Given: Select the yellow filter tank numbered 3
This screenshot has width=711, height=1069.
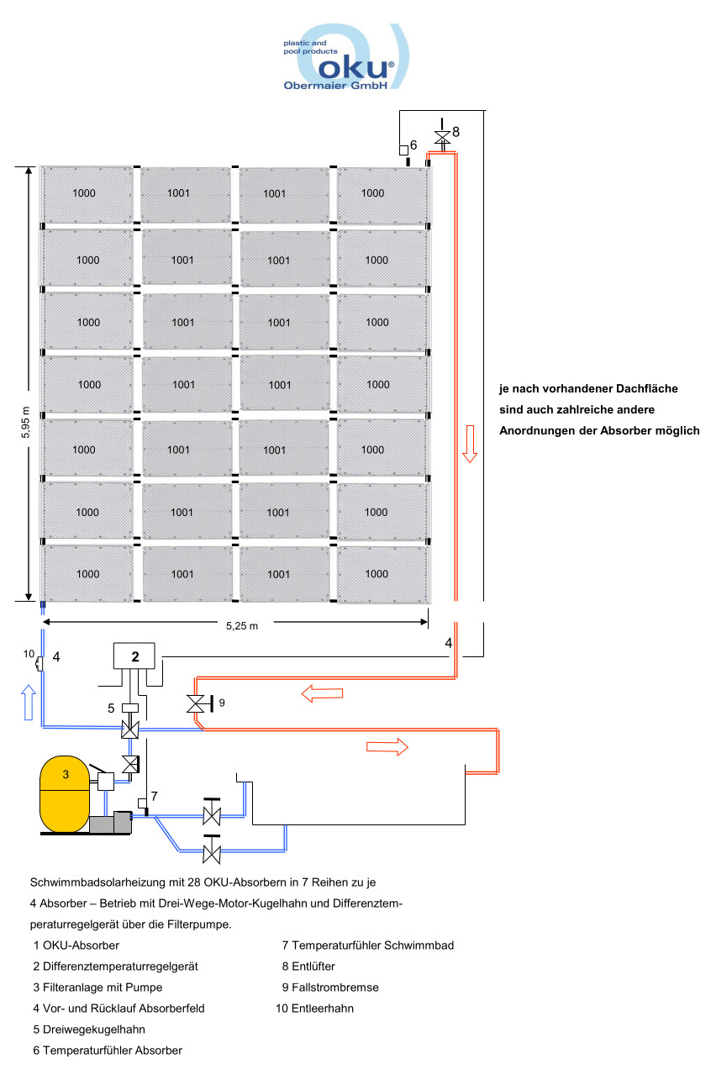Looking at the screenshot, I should pos(65,793).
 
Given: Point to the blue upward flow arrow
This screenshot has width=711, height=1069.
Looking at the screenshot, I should pos(28,702).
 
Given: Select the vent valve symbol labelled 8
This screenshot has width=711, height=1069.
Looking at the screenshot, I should pos(441,137).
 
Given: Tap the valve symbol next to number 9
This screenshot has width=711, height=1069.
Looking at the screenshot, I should pos(197,703).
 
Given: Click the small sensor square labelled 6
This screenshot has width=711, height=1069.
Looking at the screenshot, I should pos(403,151).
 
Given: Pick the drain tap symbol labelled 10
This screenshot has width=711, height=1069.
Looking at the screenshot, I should pos(39,662).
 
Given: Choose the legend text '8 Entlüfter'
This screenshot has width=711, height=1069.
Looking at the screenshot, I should pos(308,966).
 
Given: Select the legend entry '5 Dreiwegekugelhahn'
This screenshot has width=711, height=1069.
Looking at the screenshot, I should pos(89,1030).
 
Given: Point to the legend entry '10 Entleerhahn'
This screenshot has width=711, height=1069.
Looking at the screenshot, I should pos(314,1008).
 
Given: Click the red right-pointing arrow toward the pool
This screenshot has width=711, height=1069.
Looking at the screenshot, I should pos(387,747).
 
